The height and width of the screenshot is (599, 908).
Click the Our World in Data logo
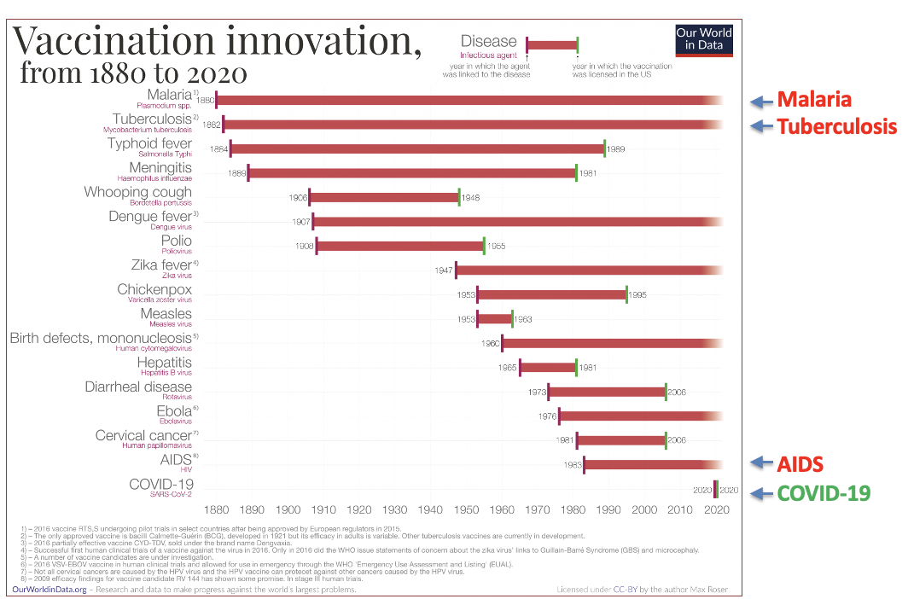coord(703,39)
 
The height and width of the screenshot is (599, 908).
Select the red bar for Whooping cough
coord(384,198)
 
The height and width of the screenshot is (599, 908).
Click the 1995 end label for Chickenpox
coord(638,295)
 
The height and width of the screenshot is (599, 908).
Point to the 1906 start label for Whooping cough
coord(298,198)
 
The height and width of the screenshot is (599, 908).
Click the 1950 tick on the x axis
coord(467,509)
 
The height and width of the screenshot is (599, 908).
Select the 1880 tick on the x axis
coord(217,509)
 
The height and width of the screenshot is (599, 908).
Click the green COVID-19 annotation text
coord(824,492)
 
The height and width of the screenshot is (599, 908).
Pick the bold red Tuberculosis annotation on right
coord(835,127)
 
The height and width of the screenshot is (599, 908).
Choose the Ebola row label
coord(176,412)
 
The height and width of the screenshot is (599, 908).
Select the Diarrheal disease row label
coord(138,387)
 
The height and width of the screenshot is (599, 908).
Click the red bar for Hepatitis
coord(548,368)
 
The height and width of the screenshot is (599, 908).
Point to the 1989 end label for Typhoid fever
coord(616,149)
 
